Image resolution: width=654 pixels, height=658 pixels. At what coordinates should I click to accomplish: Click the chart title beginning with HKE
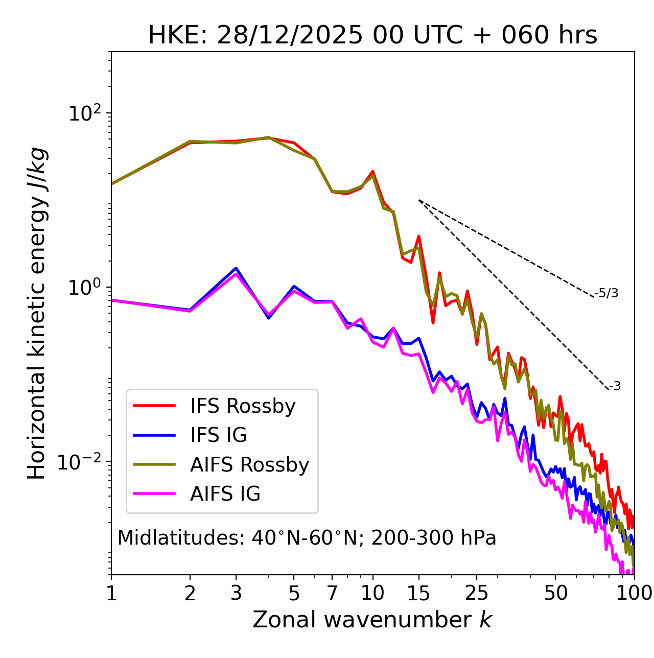(372, 36)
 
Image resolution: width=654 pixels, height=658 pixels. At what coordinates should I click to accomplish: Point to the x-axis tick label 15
(418, 593)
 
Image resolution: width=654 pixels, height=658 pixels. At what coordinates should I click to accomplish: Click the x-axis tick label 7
(332, 593)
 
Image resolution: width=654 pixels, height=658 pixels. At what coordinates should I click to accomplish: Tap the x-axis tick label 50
(555, 593)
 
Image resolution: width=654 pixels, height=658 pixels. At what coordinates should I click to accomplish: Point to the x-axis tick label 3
(236, 593)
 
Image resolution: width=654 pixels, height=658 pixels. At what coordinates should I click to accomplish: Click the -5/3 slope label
(606, 293)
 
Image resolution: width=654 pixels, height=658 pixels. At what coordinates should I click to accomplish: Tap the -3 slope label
(615, 387)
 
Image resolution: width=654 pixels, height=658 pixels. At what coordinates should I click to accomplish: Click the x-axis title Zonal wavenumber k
(372, 620)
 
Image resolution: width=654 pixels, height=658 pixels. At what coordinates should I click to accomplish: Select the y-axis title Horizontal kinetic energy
(37, 313)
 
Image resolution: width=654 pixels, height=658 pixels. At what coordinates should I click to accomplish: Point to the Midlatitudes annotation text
(307, 538)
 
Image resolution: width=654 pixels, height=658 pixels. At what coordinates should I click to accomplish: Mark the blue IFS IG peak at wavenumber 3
(236, 268)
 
